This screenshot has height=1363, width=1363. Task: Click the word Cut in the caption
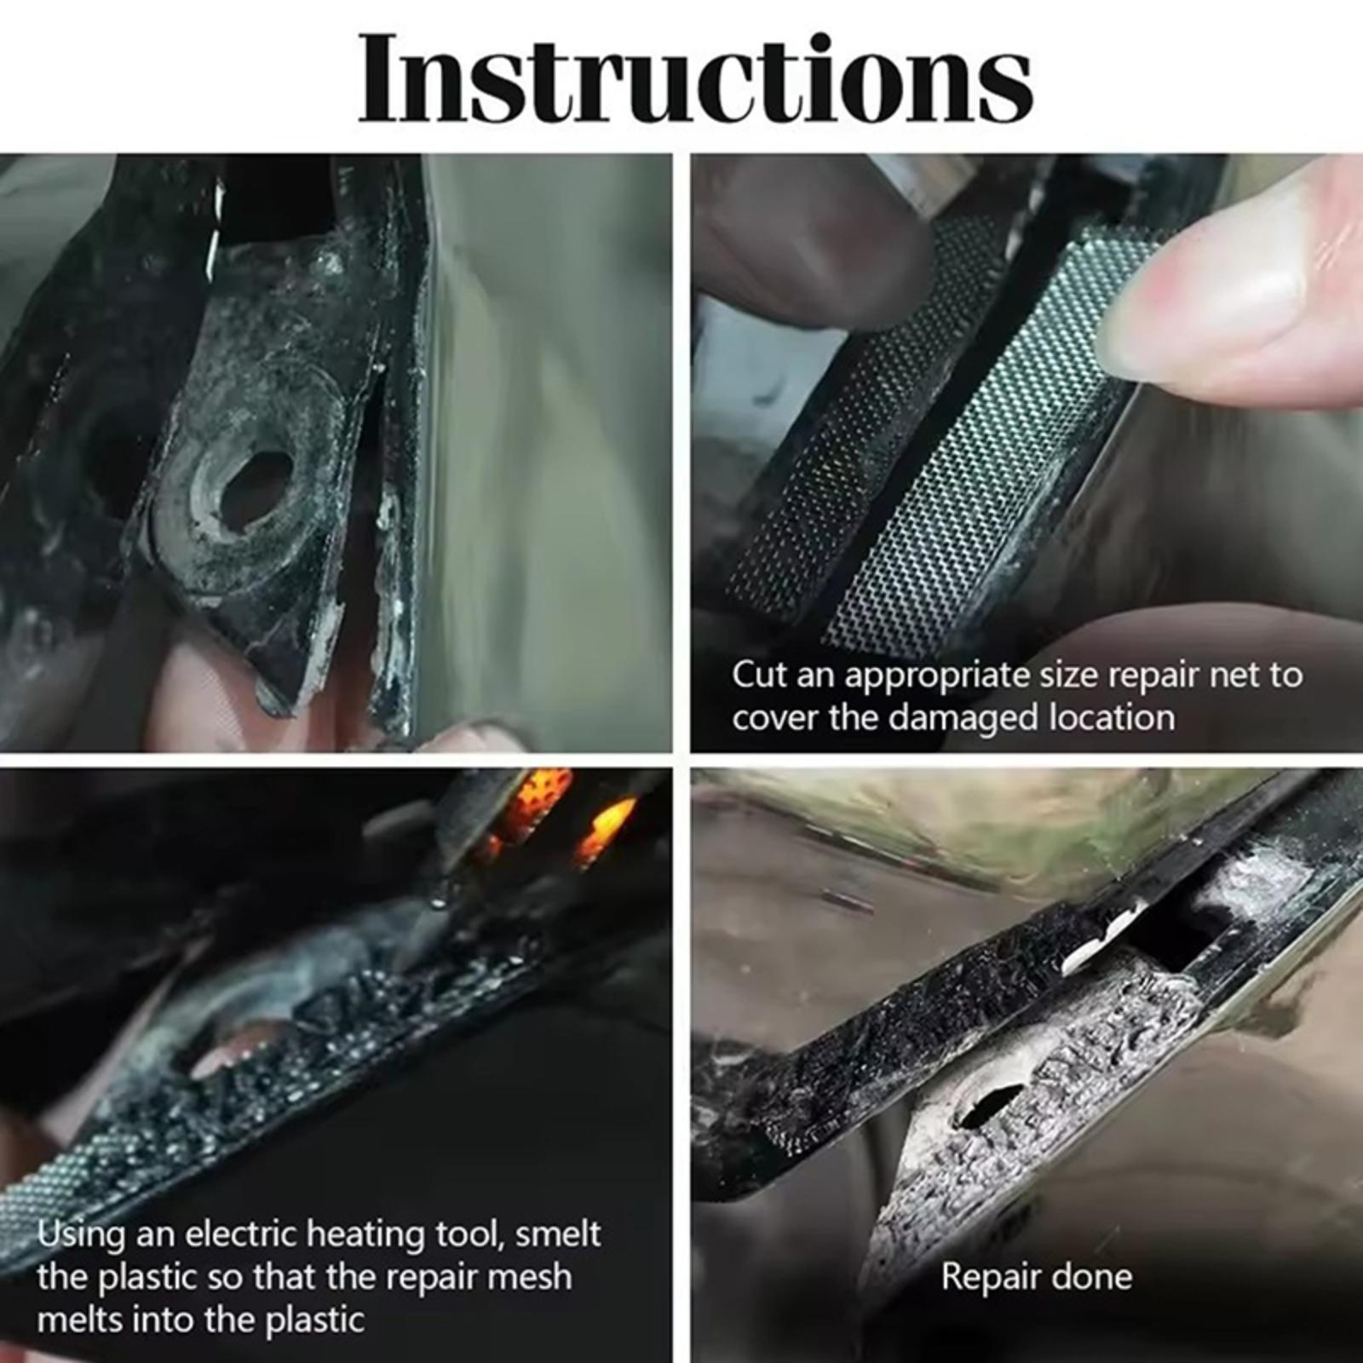[759, 675]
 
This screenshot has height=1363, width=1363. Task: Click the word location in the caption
[1112, 717]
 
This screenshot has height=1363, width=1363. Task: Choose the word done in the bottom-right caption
[1090, 1276]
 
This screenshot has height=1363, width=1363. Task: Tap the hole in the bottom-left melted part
[230, 1048]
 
